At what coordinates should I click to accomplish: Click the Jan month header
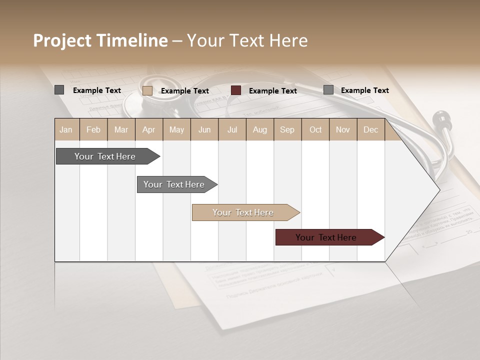(66, 129)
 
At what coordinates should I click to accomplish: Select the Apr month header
(148, 129)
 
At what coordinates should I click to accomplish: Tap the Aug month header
(259, 129)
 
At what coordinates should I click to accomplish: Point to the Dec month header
(370, 129)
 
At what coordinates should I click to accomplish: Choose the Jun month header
(204, 129)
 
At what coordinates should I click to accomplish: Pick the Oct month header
(315, 129)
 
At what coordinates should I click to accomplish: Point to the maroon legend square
(236, 90)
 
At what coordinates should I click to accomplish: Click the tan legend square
(147, 90)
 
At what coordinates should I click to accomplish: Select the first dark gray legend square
(59, 90)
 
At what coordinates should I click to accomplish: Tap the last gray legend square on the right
(328, 90)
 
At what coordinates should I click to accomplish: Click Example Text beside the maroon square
(272, 91)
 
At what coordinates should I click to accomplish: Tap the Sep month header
(287, 129)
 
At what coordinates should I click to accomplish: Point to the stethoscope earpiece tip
(440, 118)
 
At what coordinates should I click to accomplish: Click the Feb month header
(93, 129)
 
